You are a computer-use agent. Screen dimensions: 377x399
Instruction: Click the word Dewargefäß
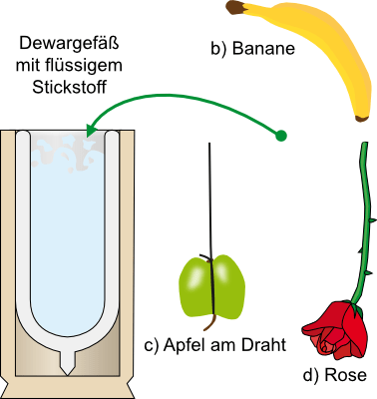click(69, 44)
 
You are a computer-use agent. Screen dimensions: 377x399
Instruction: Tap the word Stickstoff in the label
click(69, 87)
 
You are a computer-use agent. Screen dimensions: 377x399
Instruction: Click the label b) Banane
click(252, 48)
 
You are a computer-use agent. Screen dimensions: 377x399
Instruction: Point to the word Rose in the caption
click(345, 375)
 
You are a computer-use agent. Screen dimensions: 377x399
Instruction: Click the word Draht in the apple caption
click(263, 344)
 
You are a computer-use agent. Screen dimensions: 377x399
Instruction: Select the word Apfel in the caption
click(186, 344)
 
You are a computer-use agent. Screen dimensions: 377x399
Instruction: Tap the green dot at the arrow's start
click(280, 136)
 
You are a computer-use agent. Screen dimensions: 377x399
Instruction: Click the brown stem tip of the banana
click(234, 7)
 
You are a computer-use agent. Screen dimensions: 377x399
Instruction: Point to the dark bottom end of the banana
click(361, 119)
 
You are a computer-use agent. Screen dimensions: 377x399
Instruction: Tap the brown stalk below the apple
click(210, 323)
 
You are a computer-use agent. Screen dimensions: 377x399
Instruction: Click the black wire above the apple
click(209, 199)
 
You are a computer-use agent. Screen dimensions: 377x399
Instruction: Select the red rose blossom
click(334, 329)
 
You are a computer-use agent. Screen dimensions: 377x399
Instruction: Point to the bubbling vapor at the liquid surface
click(68, 152)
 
